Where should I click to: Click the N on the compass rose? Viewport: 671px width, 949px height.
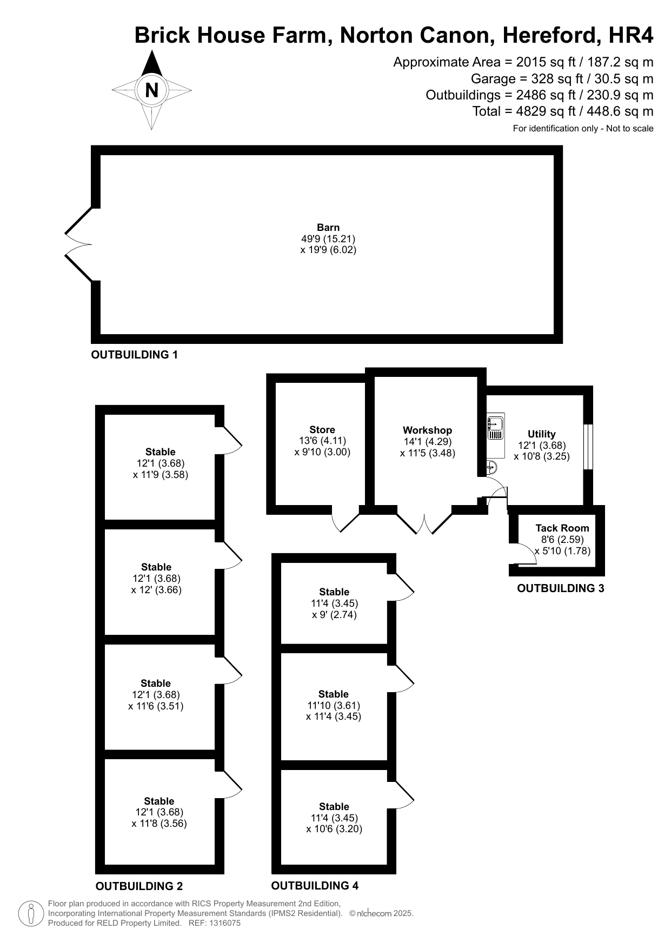[x=152, y=90]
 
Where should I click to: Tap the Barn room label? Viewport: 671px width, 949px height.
[x=328, y=228]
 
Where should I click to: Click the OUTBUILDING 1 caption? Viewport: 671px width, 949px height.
[x=135, y=355]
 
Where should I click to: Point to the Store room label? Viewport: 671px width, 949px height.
[x=322, y=430]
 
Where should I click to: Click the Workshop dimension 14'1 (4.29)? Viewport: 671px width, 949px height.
[x=428, y=441]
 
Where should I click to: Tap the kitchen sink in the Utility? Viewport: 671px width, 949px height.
[x=496, y=427]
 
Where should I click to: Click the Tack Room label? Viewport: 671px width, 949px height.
[x=562, y=528]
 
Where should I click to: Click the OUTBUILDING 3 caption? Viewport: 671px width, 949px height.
[x=561, y=588]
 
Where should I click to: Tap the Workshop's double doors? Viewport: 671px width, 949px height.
[x=424, y=520]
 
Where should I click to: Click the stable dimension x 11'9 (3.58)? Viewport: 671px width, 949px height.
[x=161, y=475]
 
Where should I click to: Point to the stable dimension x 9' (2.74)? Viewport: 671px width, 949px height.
[x=335, y=615]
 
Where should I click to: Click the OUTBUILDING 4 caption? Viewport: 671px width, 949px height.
[x=315, y=885]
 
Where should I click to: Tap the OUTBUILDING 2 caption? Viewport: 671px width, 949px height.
[x=139, y=886]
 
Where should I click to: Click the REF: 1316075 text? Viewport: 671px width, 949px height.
[x=214, y=923]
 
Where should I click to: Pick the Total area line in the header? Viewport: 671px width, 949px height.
[x=563, y=111]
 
